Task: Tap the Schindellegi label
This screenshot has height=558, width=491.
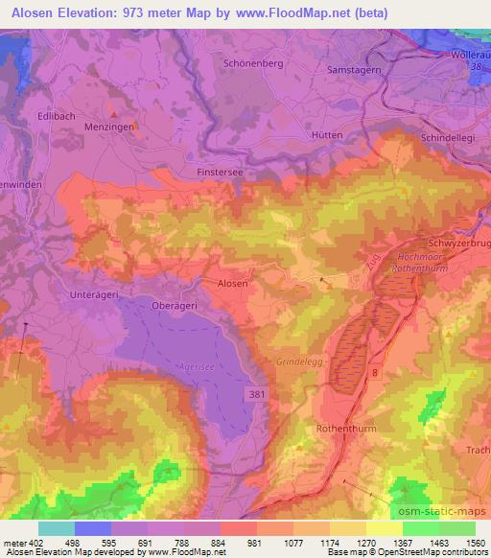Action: (x=448, y=139)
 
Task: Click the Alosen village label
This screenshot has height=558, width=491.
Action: (x=233, y=284)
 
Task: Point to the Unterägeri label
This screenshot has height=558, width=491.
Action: (x=94, y=295)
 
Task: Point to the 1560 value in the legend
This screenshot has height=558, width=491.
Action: (x=476, y=543)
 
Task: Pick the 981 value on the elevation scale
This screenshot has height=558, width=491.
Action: (x=254, y=543)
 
